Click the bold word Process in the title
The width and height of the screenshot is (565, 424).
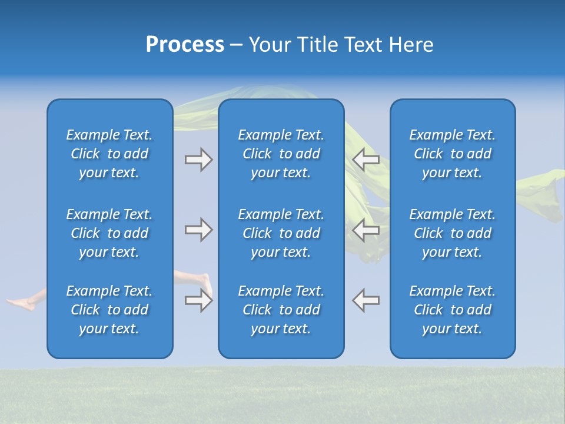click(185, 45)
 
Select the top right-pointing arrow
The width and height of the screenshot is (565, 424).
click(198, 160)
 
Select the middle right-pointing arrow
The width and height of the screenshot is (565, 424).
click(198, 230)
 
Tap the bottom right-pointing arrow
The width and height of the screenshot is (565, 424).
click(198, 300)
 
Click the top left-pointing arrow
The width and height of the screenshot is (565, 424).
click(365, 160)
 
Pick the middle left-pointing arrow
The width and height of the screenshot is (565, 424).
click(365, 230)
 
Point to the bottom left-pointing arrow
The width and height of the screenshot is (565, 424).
click(365, 300)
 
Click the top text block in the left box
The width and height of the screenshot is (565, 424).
click(109, 154)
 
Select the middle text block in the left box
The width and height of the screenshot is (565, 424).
click(109, 233)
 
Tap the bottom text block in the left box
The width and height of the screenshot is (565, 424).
click(109, 310)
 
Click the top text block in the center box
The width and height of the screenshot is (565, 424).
click(281, 154)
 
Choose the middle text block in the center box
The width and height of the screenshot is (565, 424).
click(281, 233)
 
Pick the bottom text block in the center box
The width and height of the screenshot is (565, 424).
click(281, 310)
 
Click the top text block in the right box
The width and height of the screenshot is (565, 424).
click(452, 154)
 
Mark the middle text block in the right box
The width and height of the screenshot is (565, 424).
click(452, 233)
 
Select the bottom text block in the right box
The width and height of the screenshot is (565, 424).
click(452, 310)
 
